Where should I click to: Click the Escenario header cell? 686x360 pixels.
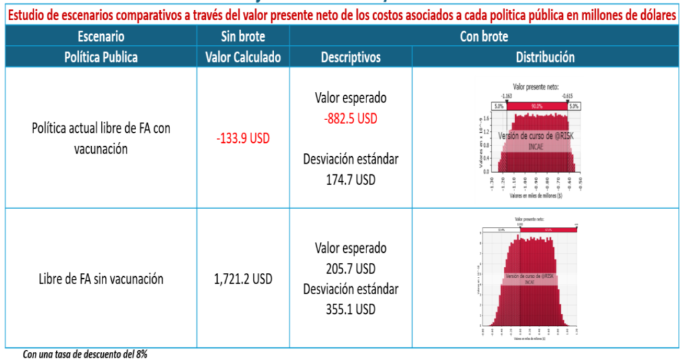[x=100, y=37]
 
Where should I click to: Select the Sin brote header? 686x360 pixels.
[x=243, y=37]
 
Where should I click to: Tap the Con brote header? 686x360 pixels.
[x=484, y=37]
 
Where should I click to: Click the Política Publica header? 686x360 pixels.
[x=100, y=57]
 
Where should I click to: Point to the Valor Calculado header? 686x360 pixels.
[x=243, y=57]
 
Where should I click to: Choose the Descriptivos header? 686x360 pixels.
[x=350, y=57]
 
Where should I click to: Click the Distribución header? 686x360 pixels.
[x=545, y=57]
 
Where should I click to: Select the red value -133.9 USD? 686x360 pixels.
[x=243, y=138]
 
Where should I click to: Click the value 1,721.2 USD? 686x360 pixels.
[x=243, y=280]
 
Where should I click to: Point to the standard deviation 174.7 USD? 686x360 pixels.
[x=350, y=180]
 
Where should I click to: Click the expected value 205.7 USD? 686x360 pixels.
[x=350, y=269]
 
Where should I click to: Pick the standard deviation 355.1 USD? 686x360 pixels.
[x=350, y=310]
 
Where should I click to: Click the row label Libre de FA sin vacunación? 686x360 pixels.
[x=100, y=280]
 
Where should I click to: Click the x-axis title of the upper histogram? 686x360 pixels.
[x=535, y=196]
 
